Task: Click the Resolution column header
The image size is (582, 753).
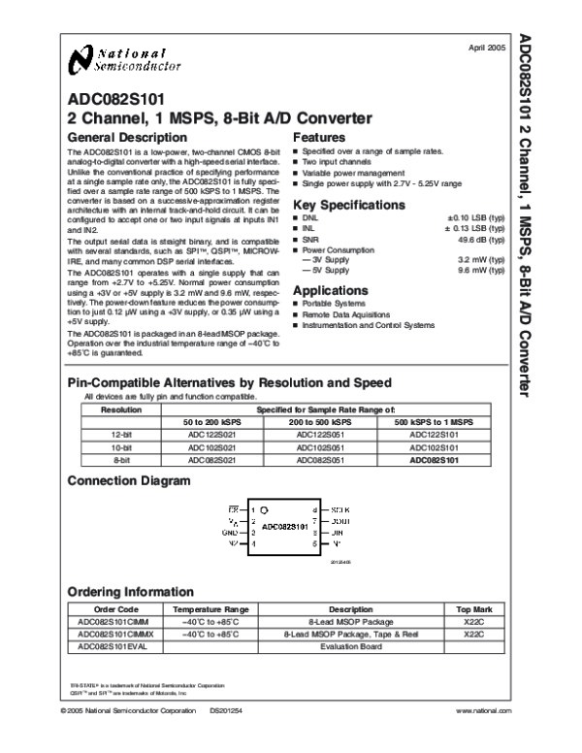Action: (115, 409)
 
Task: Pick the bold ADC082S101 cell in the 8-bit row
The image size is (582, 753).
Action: (433, 459)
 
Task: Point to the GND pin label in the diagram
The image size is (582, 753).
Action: (232, 533)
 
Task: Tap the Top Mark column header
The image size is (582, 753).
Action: (473, 609)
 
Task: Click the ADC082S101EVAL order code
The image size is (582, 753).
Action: (114, 644)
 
